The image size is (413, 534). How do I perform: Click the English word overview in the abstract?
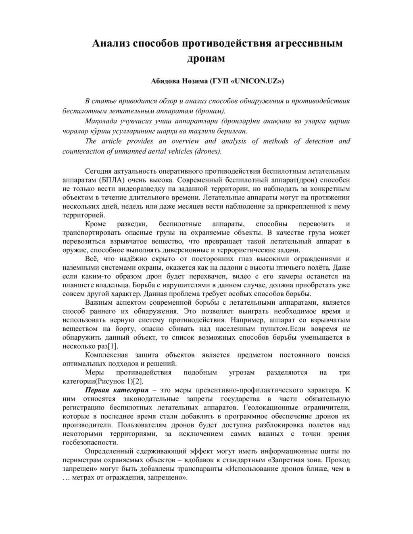pyautogui.click(x=185, y=141)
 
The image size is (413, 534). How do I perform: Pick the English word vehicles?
pyautogui.click(x=175, y=152)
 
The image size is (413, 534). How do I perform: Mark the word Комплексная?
pyautogui.click(x=106, y=355)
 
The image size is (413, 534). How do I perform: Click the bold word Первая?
pyautogui.click(x=97, y=390)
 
